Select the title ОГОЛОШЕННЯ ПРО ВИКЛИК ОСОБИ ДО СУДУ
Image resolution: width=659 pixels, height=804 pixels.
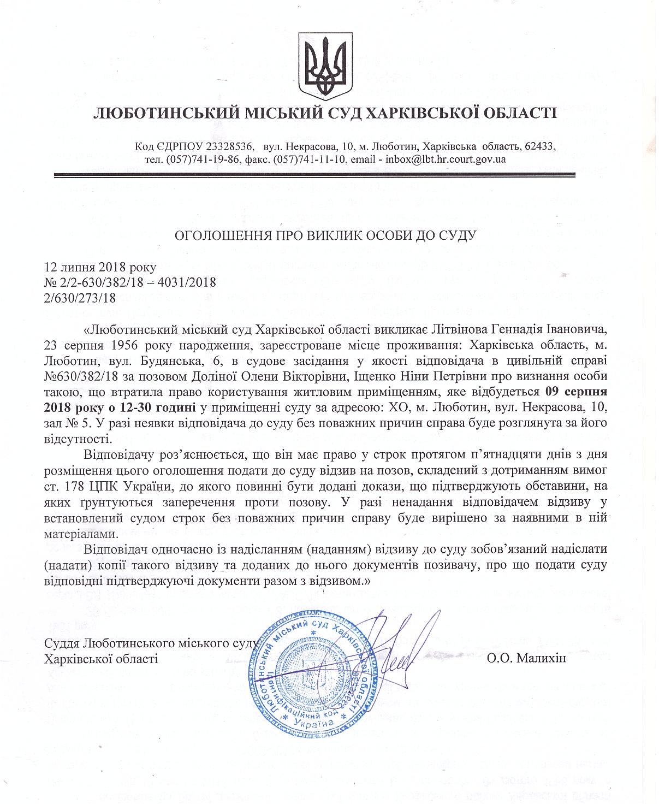325,235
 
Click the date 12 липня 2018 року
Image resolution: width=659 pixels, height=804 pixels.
100,268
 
